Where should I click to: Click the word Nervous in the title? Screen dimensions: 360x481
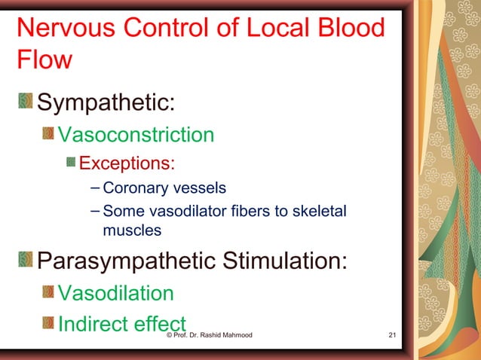[x=64, y=29]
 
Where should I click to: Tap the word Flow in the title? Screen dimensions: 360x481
[x=44, y=59]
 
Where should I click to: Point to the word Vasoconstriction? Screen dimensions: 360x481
[x=136, y=135]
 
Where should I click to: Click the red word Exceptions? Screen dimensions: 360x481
[x=127, y=163]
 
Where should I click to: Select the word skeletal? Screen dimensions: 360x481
[x=328, y=212]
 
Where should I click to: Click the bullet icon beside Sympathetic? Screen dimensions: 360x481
[x=26, y=101]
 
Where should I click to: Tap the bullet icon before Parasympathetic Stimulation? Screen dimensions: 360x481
[x=26, y=261]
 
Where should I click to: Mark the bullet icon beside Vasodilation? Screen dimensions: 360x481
[x=47, y=292]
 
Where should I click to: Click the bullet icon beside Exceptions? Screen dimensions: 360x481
[x=71, y=163]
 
